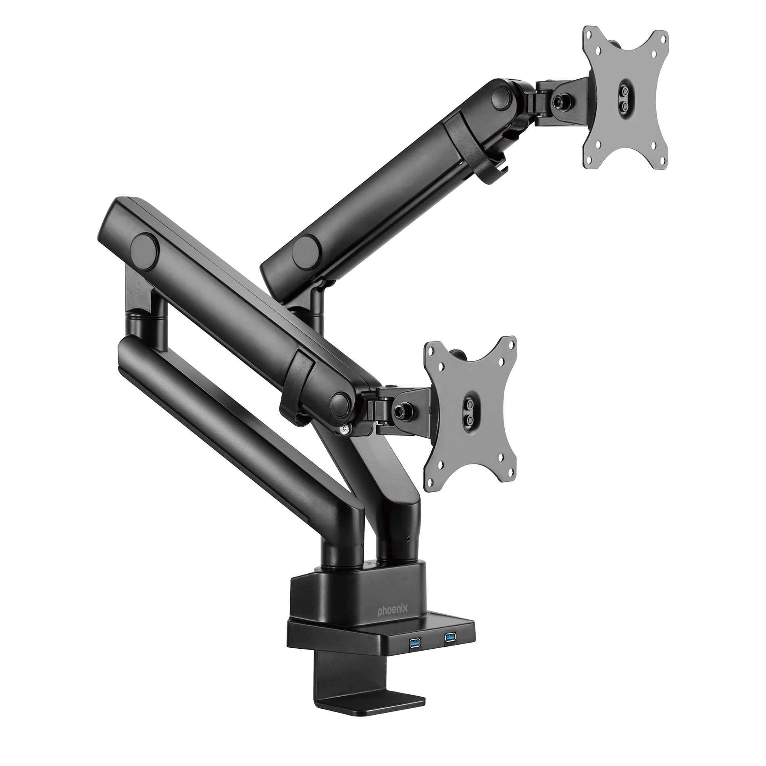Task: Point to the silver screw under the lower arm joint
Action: [x=344, y=430]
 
